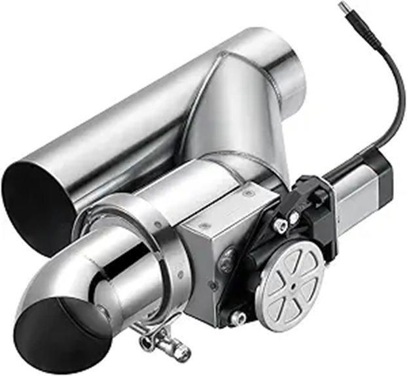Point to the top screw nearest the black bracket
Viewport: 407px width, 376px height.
coord(247,194)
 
